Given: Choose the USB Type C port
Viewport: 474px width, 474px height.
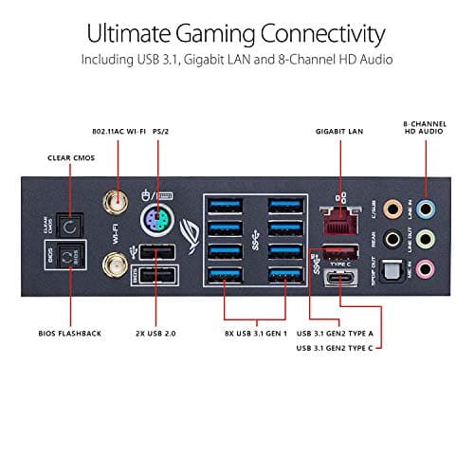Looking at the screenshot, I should [x=339, y=277].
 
